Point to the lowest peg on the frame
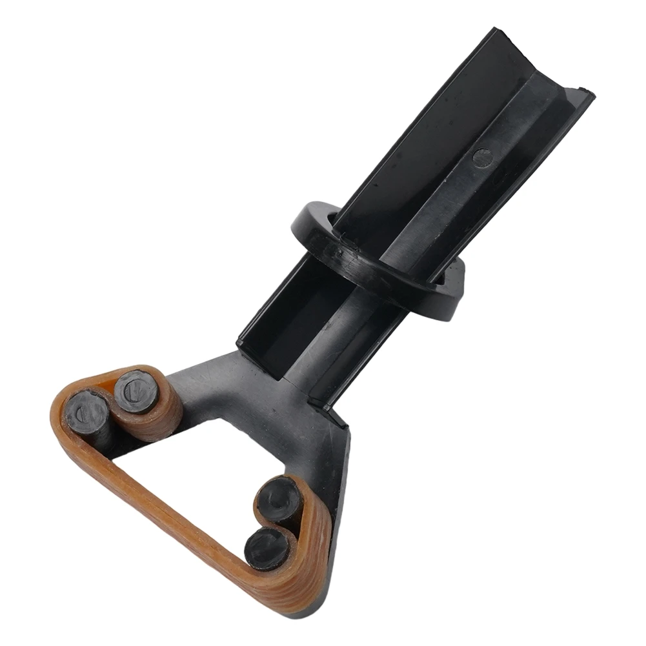268,549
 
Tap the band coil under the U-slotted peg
165,419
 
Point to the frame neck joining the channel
284,381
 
